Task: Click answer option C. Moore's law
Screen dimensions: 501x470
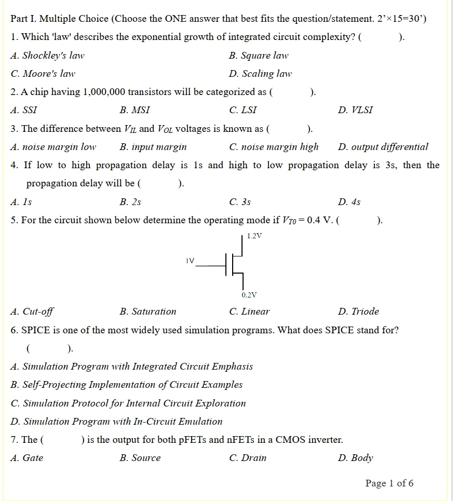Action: point(43,74)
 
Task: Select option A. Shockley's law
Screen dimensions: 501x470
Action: point(47,56)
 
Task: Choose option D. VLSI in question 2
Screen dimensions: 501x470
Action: point(355,110)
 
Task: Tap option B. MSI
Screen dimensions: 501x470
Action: point(135,110)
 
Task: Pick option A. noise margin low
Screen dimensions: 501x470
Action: point(53,147)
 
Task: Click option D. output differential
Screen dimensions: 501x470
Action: point(383,147)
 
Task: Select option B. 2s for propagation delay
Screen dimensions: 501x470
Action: point(130,202)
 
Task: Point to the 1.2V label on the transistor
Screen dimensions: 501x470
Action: point(254,236)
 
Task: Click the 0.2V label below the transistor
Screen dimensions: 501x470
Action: point(249,295)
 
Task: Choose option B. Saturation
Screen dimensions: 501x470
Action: point(147,312)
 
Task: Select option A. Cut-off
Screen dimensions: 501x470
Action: point(32,312)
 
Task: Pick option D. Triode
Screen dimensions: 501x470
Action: point(358,312)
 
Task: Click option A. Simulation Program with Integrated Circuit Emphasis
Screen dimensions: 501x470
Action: point(131,367)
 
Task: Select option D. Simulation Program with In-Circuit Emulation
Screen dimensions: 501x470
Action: point(116,422)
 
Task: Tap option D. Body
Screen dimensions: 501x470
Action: point(355,458)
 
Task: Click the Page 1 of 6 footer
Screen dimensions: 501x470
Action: point(390,483)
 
